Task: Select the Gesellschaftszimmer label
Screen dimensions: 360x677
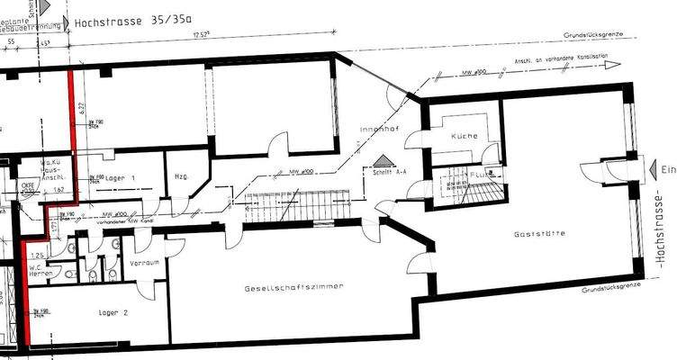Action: click(296, 287)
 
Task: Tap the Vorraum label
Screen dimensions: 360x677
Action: click(144, 265)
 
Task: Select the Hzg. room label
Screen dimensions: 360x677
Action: click(179, 176)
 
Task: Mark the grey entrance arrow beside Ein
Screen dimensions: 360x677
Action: click(653, 170)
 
